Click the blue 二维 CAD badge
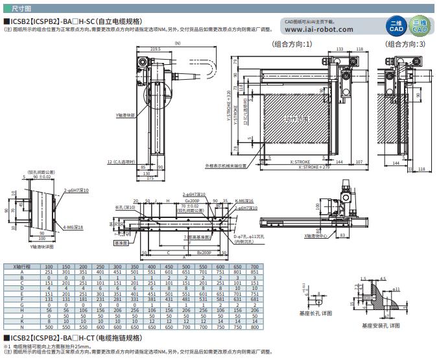(x=396, y=27)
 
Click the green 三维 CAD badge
(x=420, y=27)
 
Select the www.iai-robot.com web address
(x=318, y=29)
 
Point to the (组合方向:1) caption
(x=292, y=45)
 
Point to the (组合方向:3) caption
(x=405, y=45)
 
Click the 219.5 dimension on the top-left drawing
(x=154, y=49)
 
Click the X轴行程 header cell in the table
(x=23, y=267)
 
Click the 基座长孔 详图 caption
(x=314, y=313)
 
